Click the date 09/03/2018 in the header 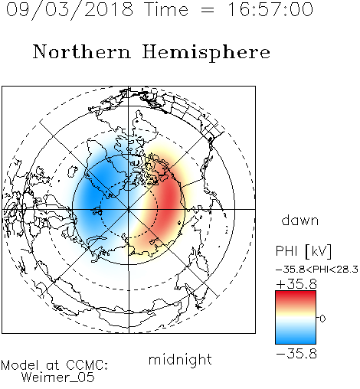click(x=70, y=9)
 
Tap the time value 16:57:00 click(x=270, y=9)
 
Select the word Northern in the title click(x=82, y=51)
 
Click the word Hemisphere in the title click(x=206, y=52)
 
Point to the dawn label click(x=300, y=221)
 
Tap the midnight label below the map click(x=180, y=360)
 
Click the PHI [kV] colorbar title click(x=303, y=251)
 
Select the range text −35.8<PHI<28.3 click(x=317, y=270)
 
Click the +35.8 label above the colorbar click(x=296, y=284)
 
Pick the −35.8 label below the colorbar click(x=296, y=354)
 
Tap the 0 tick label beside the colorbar click(x=322, y=319)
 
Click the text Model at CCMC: click(x=54, y=365)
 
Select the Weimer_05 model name click(x=58, y=377)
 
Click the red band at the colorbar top click(x=296, y=296)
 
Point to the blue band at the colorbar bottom click(x=296, y=338)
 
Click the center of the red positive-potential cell click(x=167, y=201)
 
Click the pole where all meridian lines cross click(x=129, y=209)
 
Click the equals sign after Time click(x=208, y=10)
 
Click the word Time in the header click(x=166, y=9)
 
